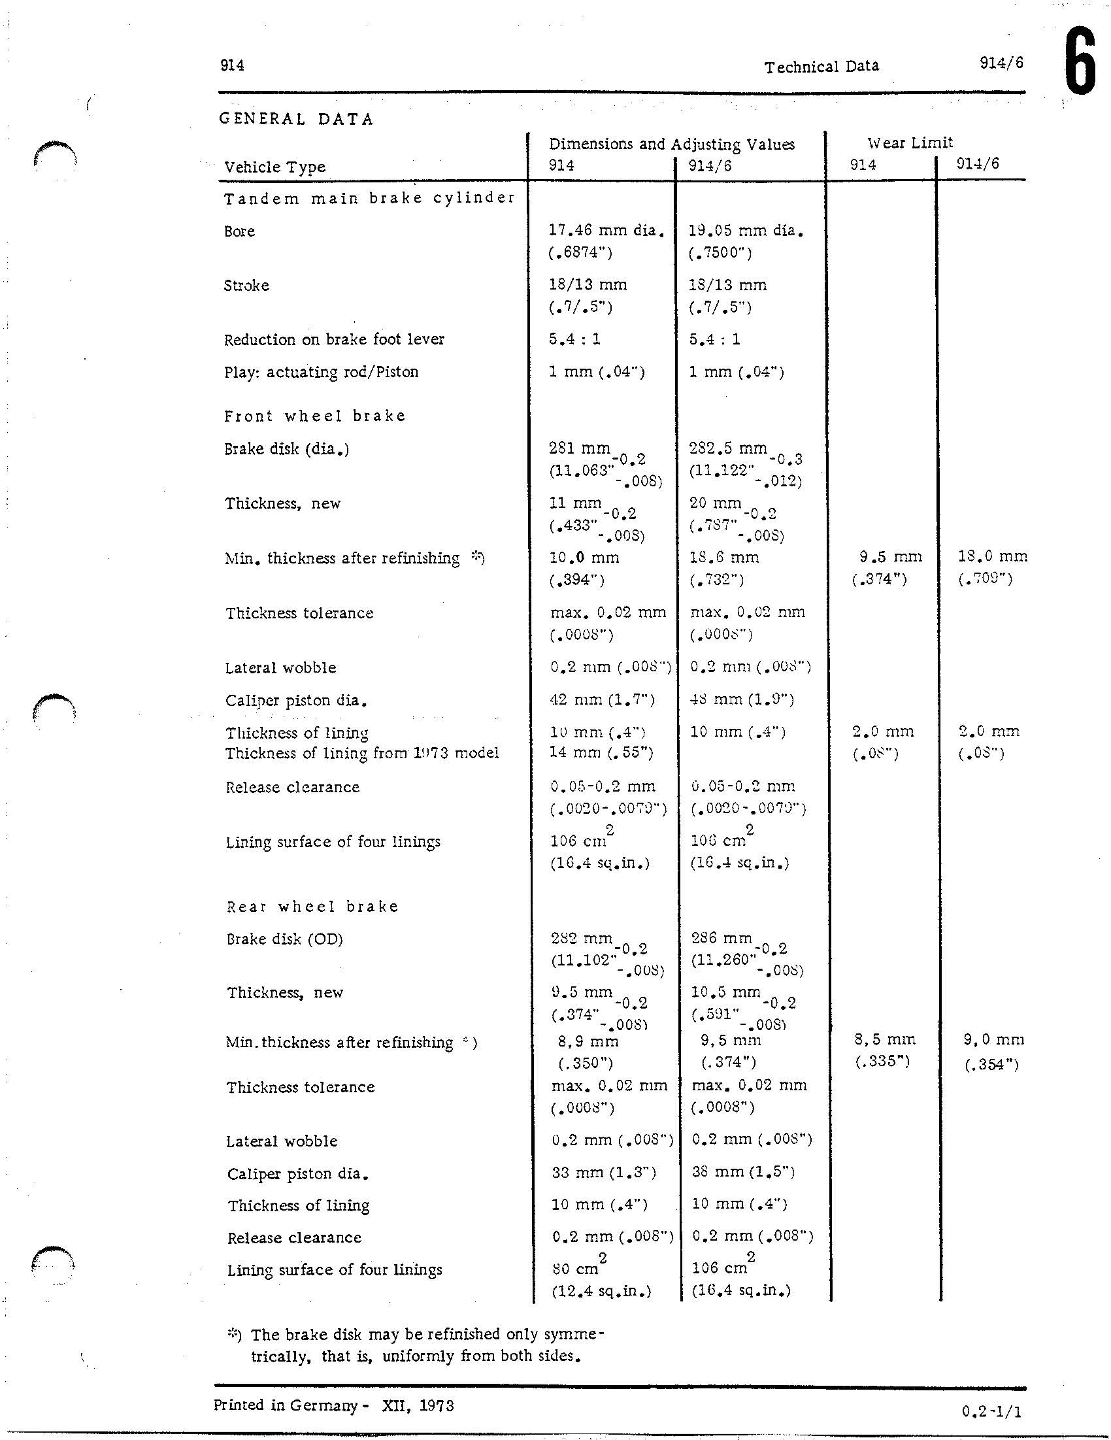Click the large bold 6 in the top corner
point(1080,65)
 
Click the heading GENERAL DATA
point(297,120)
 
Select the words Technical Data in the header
point(821,67)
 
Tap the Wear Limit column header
point(910,142)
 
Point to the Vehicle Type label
point(275,167)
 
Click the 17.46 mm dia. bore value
point(606,231)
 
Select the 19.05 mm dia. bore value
point(746,231)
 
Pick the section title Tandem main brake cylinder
point(369,199)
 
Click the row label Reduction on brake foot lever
point(335,339)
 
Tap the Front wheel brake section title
point(314,416)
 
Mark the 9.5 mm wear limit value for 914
point(890,557)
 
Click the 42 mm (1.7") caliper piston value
point(602,699)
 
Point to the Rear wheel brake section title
point(312,907)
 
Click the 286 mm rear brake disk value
point(721,938)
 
